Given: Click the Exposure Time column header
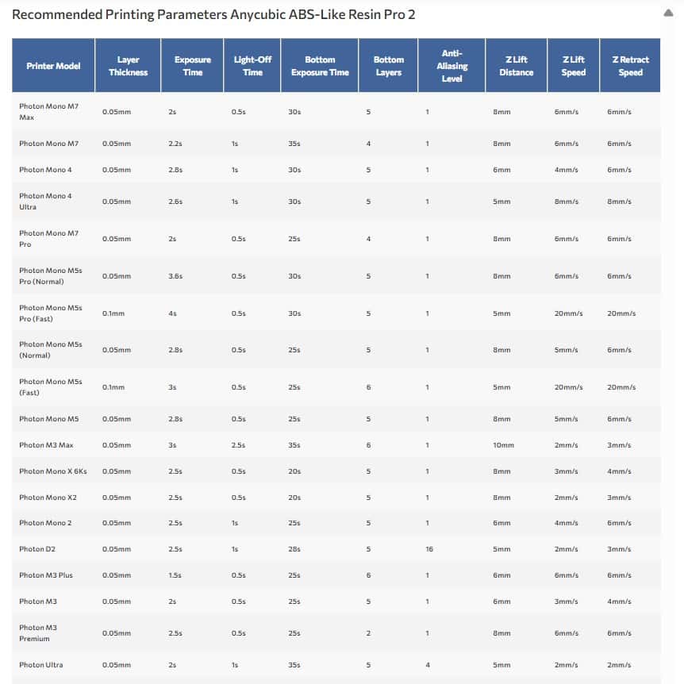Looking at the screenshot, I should coord(193,66).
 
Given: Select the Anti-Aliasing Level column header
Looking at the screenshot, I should coord(452,66).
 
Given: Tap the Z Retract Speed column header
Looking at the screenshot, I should coord(630,66).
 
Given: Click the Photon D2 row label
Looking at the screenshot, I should coord(37,549).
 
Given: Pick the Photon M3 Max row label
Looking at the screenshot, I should coord(46,445).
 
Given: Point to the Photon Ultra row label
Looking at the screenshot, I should coord(40,665).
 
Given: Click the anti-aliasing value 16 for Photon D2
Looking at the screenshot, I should coord(428,549).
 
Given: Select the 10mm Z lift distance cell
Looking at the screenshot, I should coord(503,445).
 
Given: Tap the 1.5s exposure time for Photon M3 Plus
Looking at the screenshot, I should coord(175,575).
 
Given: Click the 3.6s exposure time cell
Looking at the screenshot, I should coord(175,276).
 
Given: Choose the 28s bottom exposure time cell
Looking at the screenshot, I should coord(294,549).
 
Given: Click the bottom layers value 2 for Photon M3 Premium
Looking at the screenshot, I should coord(368,633).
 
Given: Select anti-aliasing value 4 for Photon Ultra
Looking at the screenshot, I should coord(427,665).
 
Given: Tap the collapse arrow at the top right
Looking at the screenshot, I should coord(670,13).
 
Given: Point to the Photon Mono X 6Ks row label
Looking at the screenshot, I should coord(53,471).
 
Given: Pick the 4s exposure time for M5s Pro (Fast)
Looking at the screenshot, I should coord(173,313).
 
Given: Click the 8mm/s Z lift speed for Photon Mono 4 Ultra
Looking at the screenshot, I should coord(567,202).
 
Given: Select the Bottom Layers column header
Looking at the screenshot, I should coord(389,66).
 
